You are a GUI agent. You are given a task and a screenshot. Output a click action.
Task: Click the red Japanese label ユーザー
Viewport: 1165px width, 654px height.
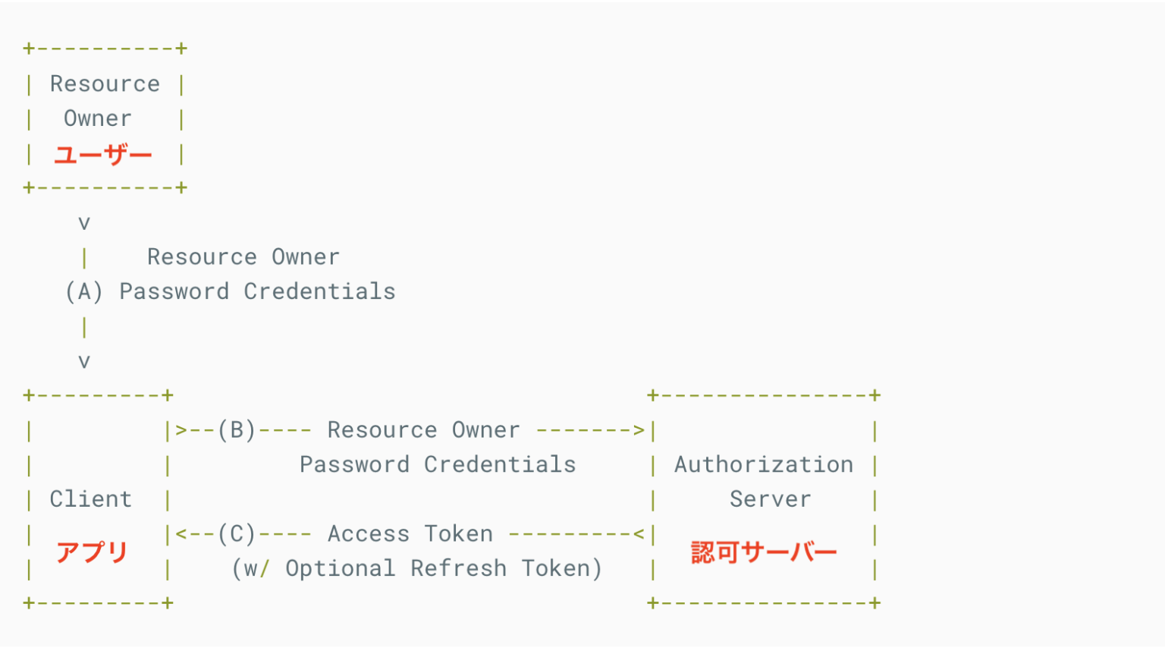(x=103, y=155)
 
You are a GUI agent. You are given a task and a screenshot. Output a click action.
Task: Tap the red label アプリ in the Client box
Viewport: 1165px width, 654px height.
(x=92, y=552)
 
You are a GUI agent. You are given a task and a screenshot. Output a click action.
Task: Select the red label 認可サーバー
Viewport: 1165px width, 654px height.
(x=764, y=552)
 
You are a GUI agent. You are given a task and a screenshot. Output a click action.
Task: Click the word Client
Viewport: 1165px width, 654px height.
(x=91, y=499)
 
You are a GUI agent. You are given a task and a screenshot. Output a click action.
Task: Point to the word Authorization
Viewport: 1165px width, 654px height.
(x=764, y=464)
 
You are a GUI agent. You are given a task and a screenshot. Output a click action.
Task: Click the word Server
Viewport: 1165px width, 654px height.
(x=771, y=499)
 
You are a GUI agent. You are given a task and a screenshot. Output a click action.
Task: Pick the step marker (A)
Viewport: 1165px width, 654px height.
(x=84, y=291)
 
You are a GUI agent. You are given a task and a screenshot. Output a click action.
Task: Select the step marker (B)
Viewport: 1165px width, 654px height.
(x=237, y=430)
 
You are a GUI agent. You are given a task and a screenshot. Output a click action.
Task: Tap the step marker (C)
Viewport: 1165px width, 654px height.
(x=237, y=534)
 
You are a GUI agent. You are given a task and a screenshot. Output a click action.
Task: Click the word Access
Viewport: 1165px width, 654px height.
(x=369, y=534)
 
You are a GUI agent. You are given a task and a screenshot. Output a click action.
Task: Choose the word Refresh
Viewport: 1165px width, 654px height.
(x=459, y=568)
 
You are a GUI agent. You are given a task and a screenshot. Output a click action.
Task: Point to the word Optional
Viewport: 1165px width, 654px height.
(x=341, y=568)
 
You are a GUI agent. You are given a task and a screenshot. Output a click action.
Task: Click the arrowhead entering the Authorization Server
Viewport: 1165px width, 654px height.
(x=639, y=430)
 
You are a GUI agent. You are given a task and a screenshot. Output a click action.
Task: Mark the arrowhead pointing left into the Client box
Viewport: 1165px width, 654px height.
(x=181, y=534)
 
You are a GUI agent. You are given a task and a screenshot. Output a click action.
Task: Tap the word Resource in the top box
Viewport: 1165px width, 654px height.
(x=105, y=83)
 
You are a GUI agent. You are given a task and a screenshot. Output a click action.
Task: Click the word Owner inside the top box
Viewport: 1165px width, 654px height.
(x=98, y=118)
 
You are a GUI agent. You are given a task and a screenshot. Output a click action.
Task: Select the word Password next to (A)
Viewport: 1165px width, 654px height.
(x=174, y=291)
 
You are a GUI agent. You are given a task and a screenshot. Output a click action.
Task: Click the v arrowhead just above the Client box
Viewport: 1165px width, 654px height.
(x=84, y=362)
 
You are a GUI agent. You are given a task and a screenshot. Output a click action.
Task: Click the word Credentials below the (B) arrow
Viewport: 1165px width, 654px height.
(x=500, y=464)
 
